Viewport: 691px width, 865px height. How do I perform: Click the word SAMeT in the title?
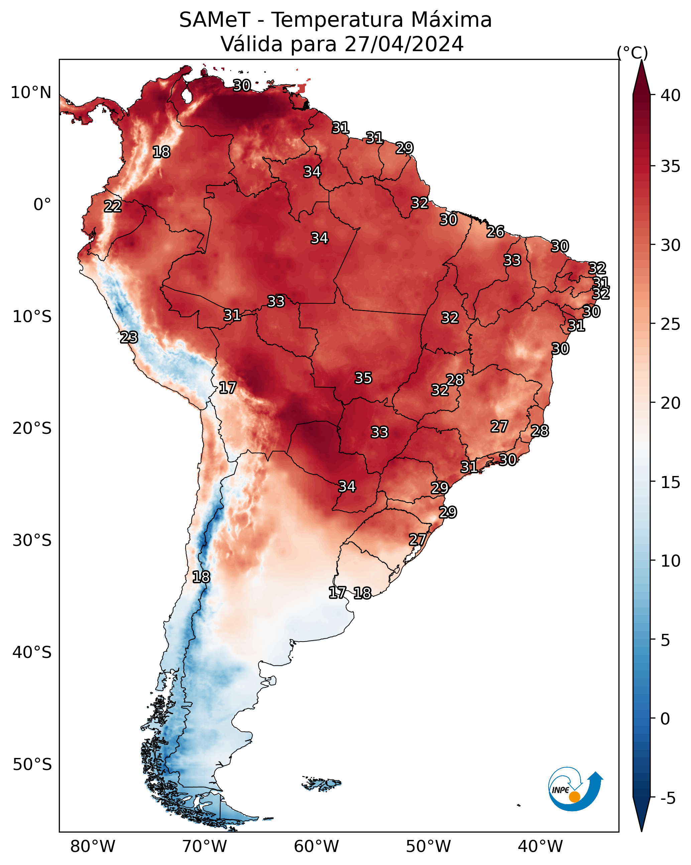pos(215,20)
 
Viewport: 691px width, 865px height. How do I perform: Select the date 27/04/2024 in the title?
pos(404,44)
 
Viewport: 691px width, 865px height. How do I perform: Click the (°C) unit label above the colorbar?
pos(632,53)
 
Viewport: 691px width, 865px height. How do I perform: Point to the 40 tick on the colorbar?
pos(671,95)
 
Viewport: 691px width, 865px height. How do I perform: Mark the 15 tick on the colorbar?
pos(671,482)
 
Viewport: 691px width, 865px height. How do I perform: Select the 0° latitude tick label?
pos(42,205)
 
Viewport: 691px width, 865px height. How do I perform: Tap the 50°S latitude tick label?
pos(32,765)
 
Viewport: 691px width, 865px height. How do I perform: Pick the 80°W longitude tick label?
pos(93,846)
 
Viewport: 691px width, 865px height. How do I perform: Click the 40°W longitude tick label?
pos(540,846)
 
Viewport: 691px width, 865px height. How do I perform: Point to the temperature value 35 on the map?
pos(363,378)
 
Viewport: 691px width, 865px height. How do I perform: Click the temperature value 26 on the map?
pos(495,231)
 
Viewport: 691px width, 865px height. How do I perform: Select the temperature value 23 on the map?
pos(129,338)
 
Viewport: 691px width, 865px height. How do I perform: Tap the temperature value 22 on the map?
pos(113,206)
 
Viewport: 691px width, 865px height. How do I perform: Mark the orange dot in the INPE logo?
pos(574,797)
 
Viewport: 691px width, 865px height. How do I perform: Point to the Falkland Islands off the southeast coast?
pos(321,783)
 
